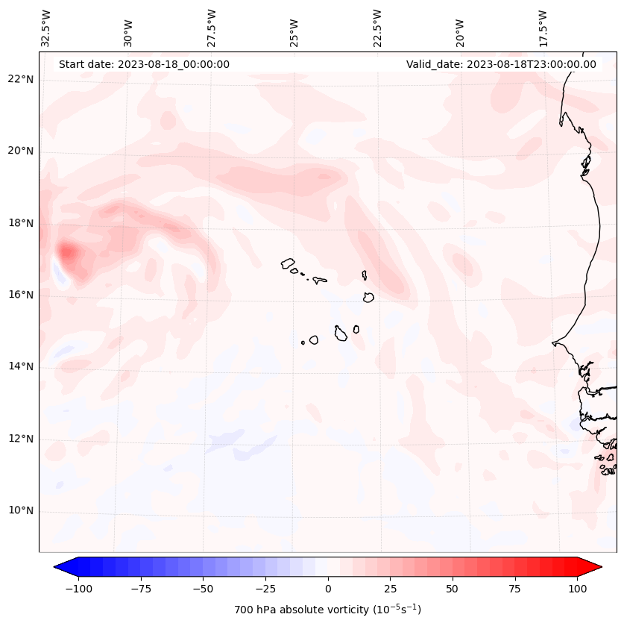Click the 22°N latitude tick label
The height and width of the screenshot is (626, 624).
coord(20,79)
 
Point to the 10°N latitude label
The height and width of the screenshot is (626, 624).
coord(20,510)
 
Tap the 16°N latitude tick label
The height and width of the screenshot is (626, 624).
coord(20,295)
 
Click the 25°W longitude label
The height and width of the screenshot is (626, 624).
coord(294,34)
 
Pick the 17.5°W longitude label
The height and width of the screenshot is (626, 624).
coord(543,29)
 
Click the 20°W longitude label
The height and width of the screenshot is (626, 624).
coord(460,34)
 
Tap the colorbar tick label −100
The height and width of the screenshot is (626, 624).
coord(78,589)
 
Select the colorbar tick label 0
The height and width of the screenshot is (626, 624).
coord(328,589)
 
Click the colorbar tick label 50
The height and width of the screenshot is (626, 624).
coord(453,589)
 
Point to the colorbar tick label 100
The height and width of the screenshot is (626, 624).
coord(577,589)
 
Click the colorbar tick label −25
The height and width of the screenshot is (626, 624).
coord(265,589)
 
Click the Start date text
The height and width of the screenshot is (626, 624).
coord(144,64)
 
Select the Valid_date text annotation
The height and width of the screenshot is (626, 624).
coord(501,64)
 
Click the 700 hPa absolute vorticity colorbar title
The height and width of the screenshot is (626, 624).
coord(327,610)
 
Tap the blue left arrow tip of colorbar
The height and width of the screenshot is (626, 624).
coord(54,566)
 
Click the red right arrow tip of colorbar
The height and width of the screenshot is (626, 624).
coord(602,566)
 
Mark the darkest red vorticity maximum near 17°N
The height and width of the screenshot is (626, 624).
coord(66,252)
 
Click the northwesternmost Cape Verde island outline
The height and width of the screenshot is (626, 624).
coord(288,263)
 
